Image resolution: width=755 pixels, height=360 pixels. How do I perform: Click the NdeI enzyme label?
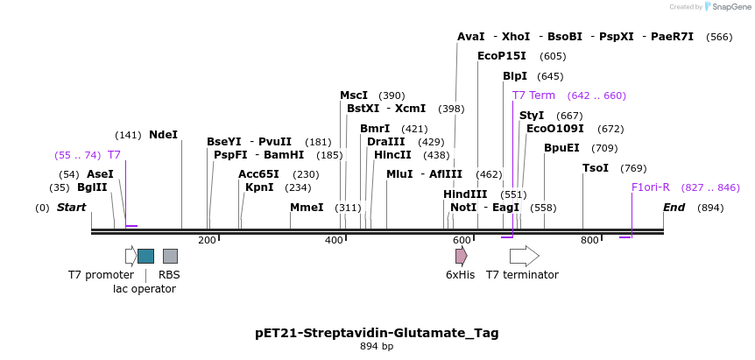coord(163,135)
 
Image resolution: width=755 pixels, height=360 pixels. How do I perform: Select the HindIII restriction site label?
coord(465,194)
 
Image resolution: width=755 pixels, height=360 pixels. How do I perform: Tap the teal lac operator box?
coord(145,256)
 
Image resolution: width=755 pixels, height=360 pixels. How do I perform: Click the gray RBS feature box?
coord(170,256)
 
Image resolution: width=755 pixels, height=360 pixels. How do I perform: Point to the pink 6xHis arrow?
coord(461,256)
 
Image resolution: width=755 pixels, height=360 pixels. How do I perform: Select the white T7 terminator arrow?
coord(524,256)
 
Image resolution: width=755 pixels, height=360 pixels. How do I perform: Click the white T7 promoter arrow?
coord(131,256)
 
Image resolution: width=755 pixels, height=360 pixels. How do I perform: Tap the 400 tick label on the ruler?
coord(335,240)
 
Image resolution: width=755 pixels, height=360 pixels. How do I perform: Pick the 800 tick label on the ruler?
coord(589,240)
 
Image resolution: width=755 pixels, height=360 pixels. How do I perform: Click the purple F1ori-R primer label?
coord(651,187)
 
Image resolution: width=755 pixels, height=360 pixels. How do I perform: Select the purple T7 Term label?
coord(533,95)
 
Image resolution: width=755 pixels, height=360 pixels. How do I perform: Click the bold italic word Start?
coord(71,208)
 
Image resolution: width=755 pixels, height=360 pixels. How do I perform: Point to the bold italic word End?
coord(674,208)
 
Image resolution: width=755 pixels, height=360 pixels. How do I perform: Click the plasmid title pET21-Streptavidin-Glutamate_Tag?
coord(377,333)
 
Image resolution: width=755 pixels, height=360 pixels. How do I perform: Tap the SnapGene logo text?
coord(730,7)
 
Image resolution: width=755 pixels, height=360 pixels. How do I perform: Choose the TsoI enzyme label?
coord(596,168)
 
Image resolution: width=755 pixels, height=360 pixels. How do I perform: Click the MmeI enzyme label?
coord(307,208)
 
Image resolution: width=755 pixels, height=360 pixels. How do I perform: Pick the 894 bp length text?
coord(377,347)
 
